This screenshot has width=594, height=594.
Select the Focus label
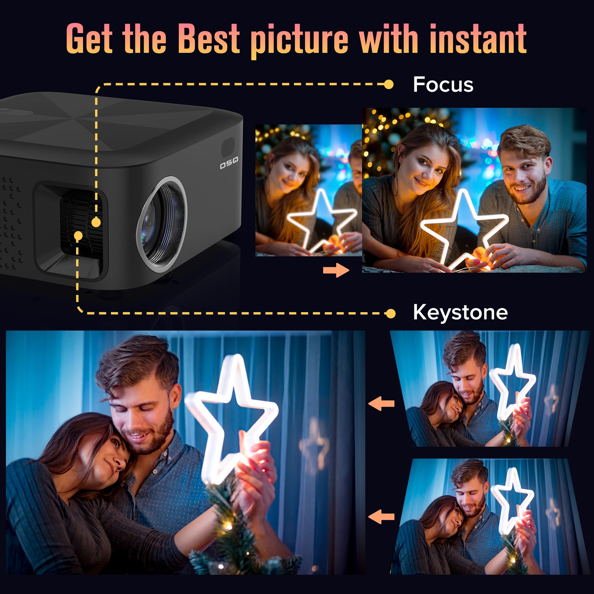(443, 85)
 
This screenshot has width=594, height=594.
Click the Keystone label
(460, 312)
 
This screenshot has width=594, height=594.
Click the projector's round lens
(162, 225)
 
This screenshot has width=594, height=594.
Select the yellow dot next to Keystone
(391, 314)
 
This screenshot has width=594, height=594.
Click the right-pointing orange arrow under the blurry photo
(336, 270)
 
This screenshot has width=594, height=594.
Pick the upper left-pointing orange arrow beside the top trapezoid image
(381, 403)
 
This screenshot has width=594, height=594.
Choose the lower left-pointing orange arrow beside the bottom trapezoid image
(381, 517)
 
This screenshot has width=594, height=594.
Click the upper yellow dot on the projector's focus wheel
(96, 222)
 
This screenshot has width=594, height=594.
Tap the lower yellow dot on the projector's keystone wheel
(78, 236)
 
